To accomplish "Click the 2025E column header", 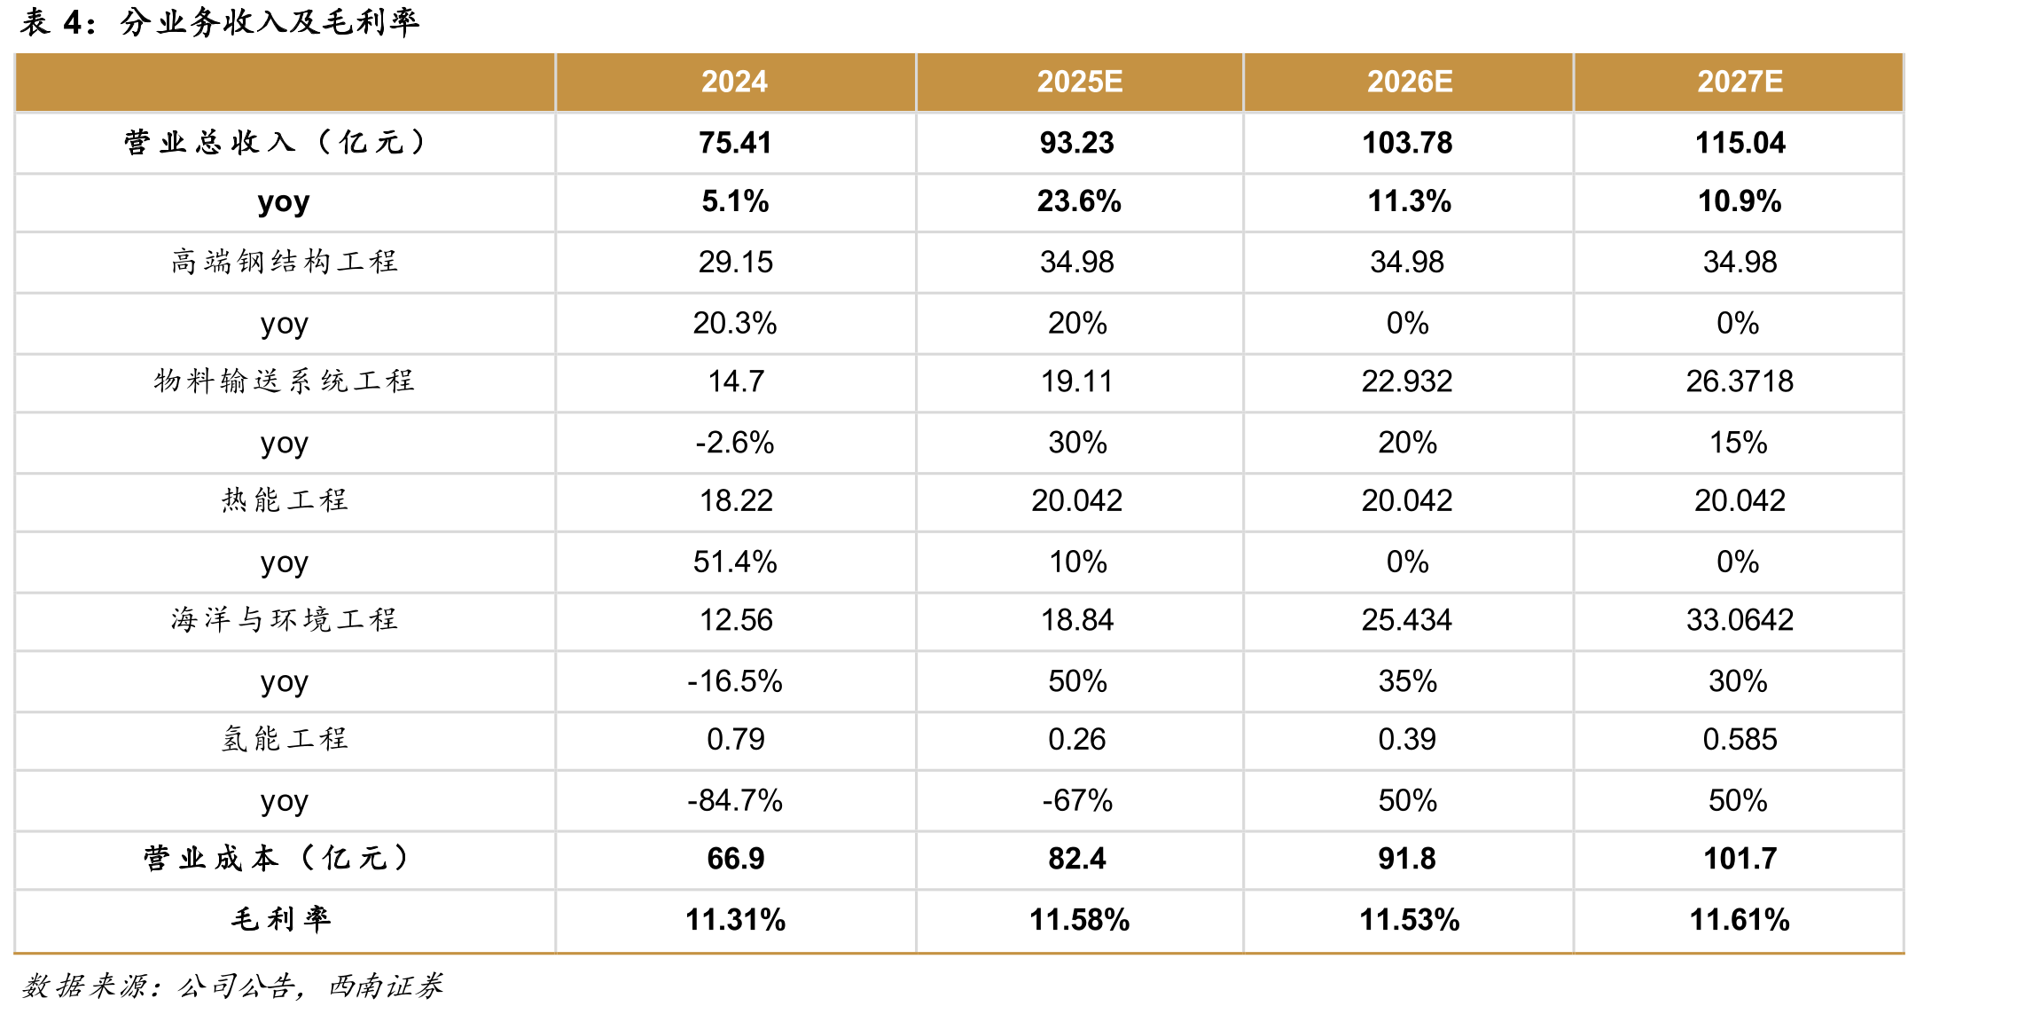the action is pyautogui.click(x=1079, y=82).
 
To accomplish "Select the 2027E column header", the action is pyautogui.click(x=1740, y=82).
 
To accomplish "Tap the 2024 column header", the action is pyautogui.click(x=734, y=82).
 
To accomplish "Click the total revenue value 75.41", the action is pyautogui.click(x=735, y=143).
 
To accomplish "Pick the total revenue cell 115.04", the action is pyautogui.click(x=1740, y=143).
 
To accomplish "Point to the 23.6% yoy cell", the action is pyautogui.click(x=1079, y=201).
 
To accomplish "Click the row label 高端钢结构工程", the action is pyautogui.click(x=285, y=262).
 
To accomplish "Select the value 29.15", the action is pyautogui.click(x=735, y=263).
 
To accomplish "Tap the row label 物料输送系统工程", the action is pyautogui.click(x=285, y=381).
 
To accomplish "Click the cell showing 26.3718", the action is pyautogui.click(x=1740, y=381).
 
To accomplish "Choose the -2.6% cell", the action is pyautogui.click(x=734, y=443).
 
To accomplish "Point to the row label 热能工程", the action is pyautogui.click(x=285, y=500).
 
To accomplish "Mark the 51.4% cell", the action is pyautogui.click(x=735, y=562).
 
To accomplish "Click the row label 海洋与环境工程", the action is pyautogui.click(x=285, y=619).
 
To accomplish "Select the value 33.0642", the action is pyautogui.click(x=1740, y=620).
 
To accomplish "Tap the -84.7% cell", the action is pyautogui.click(x=735, y=800).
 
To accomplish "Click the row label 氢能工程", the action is pyautogui.click(x=285, y=739).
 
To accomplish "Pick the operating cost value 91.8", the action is pyautogui.click(x=1407, y=859).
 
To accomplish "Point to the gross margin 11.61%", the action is pyautogui.click(x=1740, y=920).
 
